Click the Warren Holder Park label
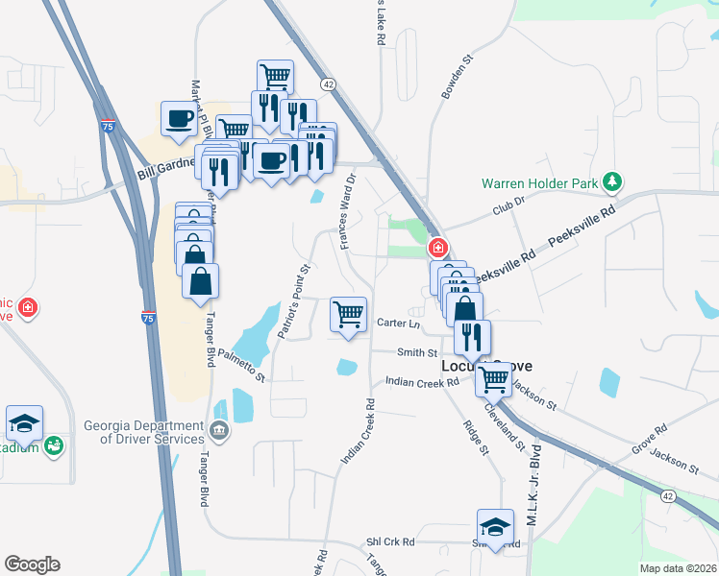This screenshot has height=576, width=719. click(x=539, y=182)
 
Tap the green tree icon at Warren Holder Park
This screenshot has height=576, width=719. click(x=611, y=181)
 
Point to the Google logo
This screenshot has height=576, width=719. click(x=32, y=564)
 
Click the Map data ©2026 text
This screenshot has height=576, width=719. click(x=677, y=568)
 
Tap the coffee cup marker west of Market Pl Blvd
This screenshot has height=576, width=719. click(x=179, y=120)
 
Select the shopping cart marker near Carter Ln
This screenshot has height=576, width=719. click(x=348, y=313)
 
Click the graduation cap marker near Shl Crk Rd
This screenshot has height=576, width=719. click(x=495, y=527)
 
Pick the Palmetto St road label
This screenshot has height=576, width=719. click(x=240, y=365)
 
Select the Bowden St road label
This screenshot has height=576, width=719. click(x=458, y=76)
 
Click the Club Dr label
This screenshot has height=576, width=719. click(x=509, y=204)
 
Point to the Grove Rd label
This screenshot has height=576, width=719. click(x=649, y=443)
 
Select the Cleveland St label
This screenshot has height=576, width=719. click(x=506, y=427)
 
